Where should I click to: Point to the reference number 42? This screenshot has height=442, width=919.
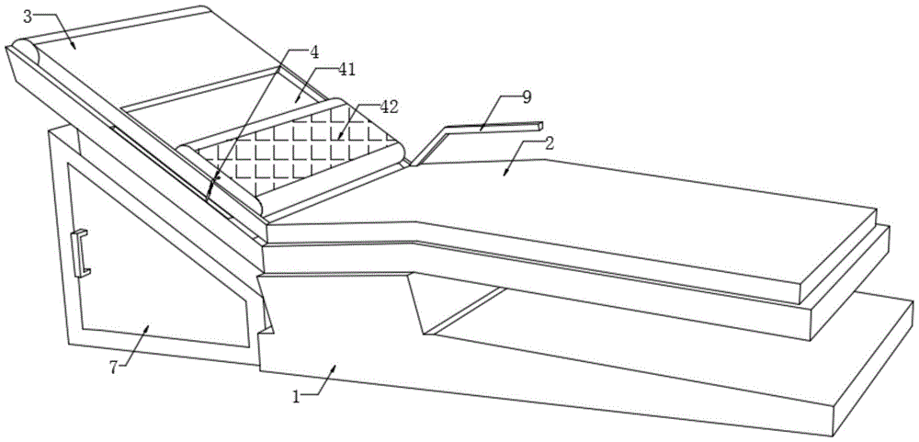[389, 108]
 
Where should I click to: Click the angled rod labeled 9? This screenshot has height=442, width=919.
[487, 130]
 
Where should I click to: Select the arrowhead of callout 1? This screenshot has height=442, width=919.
[335, 364]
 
